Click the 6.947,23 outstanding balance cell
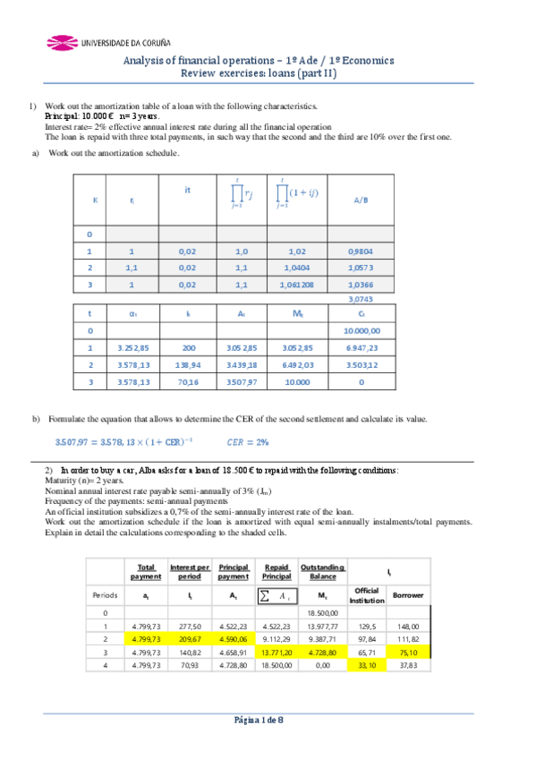tap(360, 346)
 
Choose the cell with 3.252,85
tap(132, 346)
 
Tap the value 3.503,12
tap(360, 365)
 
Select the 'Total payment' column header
tap(146, 571)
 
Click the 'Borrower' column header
tap(408, 594)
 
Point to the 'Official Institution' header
tap(367, 594)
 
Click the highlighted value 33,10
tap(368, 665)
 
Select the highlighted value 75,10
tap(408, 652)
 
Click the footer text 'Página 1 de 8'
tap(258, 721)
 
